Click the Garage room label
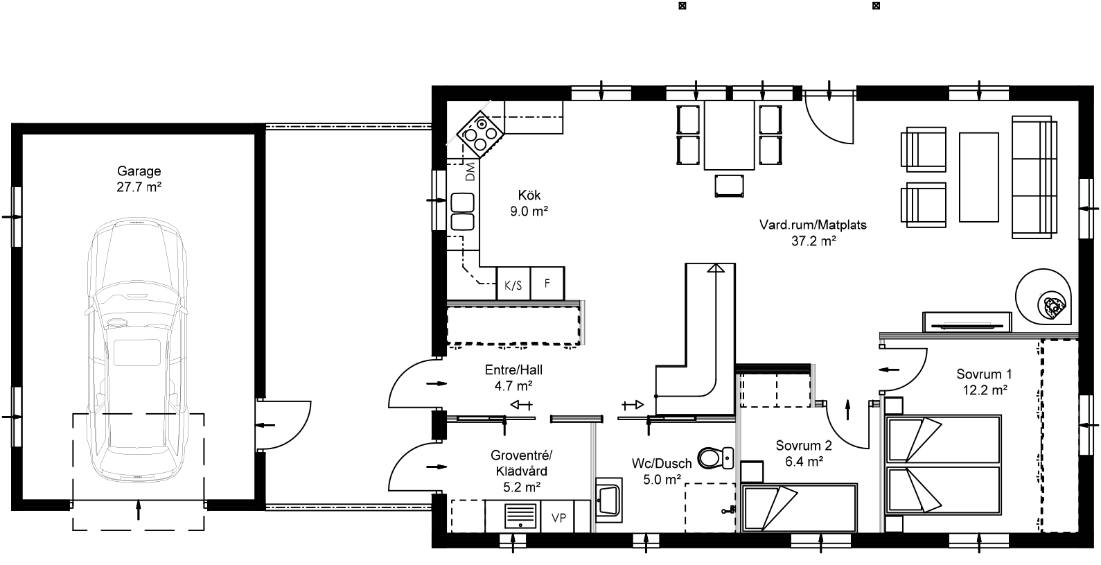coord(139,171)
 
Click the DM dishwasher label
coord(470,171)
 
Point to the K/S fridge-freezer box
coord(513,284)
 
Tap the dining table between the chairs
coord(729,135)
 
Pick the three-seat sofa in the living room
coord(1034,178)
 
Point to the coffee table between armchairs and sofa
coord(978,177)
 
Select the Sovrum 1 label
coord(984,374)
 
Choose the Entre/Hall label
coord(514,371)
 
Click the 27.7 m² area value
coord(139,186)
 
